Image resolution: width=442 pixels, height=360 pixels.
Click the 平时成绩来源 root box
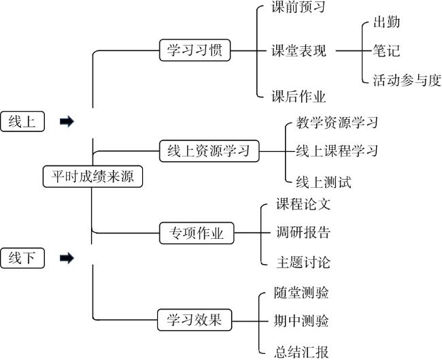92,177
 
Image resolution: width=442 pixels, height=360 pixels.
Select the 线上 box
22,121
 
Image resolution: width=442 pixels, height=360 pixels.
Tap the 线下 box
22,258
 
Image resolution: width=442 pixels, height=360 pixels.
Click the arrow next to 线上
67,122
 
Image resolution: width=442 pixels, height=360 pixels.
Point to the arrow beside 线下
67,258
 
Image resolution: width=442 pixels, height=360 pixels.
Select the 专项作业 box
196,233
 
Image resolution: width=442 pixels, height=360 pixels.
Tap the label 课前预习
299,8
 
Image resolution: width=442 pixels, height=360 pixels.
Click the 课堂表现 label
299,50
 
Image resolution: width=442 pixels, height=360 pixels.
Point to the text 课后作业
299,97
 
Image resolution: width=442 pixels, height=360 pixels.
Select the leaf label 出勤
386,22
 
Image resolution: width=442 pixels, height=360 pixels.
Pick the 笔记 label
386,50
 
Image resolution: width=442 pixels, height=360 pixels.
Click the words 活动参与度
407,80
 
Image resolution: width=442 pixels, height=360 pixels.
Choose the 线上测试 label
324,182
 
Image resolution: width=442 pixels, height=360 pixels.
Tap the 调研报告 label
303,233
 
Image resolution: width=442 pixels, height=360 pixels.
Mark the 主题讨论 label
303,262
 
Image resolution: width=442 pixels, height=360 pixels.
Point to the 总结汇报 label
302,352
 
